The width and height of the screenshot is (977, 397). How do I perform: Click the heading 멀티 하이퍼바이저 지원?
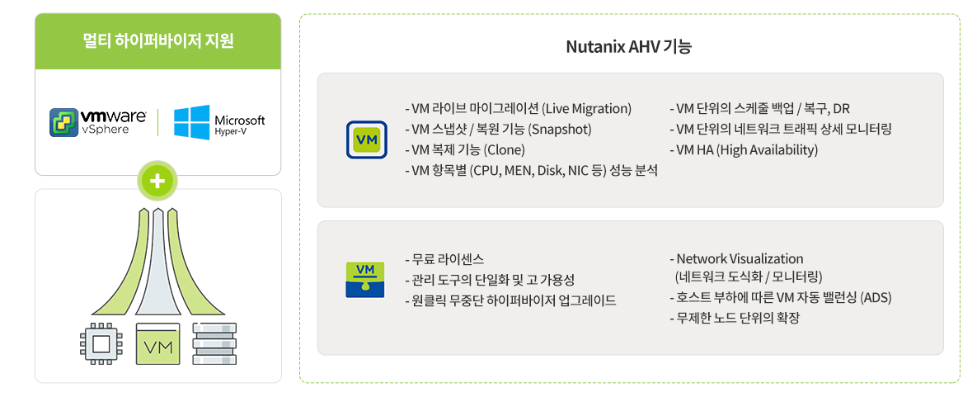point(158,41)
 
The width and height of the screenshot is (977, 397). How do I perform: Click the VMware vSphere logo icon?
point(64,121)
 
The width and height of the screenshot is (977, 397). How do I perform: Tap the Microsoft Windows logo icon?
point(191,121)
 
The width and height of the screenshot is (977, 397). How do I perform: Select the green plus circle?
point(158,181)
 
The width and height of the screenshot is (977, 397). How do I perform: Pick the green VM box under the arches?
point(157,344)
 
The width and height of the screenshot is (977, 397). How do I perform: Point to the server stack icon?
point(214,343)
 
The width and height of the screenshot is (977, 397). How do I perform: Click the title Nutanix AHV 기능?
point(629,47)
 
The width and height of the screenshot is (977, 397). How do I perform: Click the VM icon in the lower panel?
point(365,280)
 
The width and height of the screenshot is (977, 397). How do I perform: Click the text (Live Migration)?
point(586,109)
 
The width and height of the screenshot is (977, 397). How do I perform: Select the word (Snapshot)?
point(559,130)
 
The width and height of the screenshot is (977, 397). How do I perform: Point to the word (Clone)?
point(504,150)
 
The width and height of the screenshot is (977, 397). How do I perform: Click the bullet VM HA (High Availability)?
point(744,150)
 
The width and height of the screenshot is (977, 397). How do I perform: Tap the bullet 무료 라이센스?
point(444,259)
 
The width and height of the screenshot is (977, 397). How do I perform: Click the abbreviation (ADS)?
point(876,298)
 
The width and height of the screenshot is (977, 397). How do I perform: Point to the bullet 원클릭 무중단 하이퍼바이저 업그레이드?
point(510,300)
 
